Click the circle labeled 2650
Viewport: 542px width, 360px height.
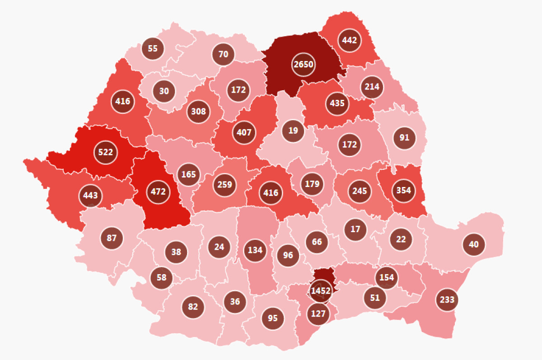(x=303, y=65)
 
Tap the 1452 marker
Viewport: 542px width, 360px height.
(x=321, y=290)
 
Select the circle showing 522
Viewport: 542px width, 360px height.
(x=105, y=152)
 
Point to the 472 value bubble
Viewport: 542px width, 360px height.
(x=158, y=192)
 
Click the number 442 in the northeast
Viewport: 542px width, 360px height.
(x=349, y=40)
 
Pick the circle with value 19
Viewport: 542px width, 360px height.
(x=293, y=131)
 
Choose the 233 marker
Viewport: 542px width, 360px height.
(x=447, y=299)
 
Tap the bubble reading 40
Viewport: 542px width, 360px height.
(x=474, y=244)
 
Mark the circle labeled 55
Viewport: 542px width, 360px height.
(x=153, y=48)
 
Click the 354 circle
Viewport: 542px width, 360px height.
(x=403, y=190)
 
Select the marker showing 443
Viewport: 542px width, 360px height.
(x=90, y=196)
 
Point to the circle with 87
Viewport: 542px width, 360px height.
(x=112, y=238)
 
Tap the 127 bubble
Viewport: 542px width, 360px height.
(x=318, y=313)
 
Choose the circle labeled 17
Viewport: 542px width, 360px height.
(x=355, y=229)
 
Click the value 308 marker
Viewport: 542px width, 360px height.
(x=198, y=111)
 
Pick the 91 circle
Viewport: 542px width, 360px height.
(x=404, y=137)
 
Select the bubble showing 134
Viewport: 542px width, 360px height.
(x=255, y=250)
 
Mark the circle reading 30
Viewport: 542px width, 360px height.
(x=164, y=91)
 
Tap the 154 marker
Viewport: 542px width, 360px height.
(x=387, y=277)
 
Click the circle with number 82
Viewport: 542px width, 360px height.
(x=193, y=307)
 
